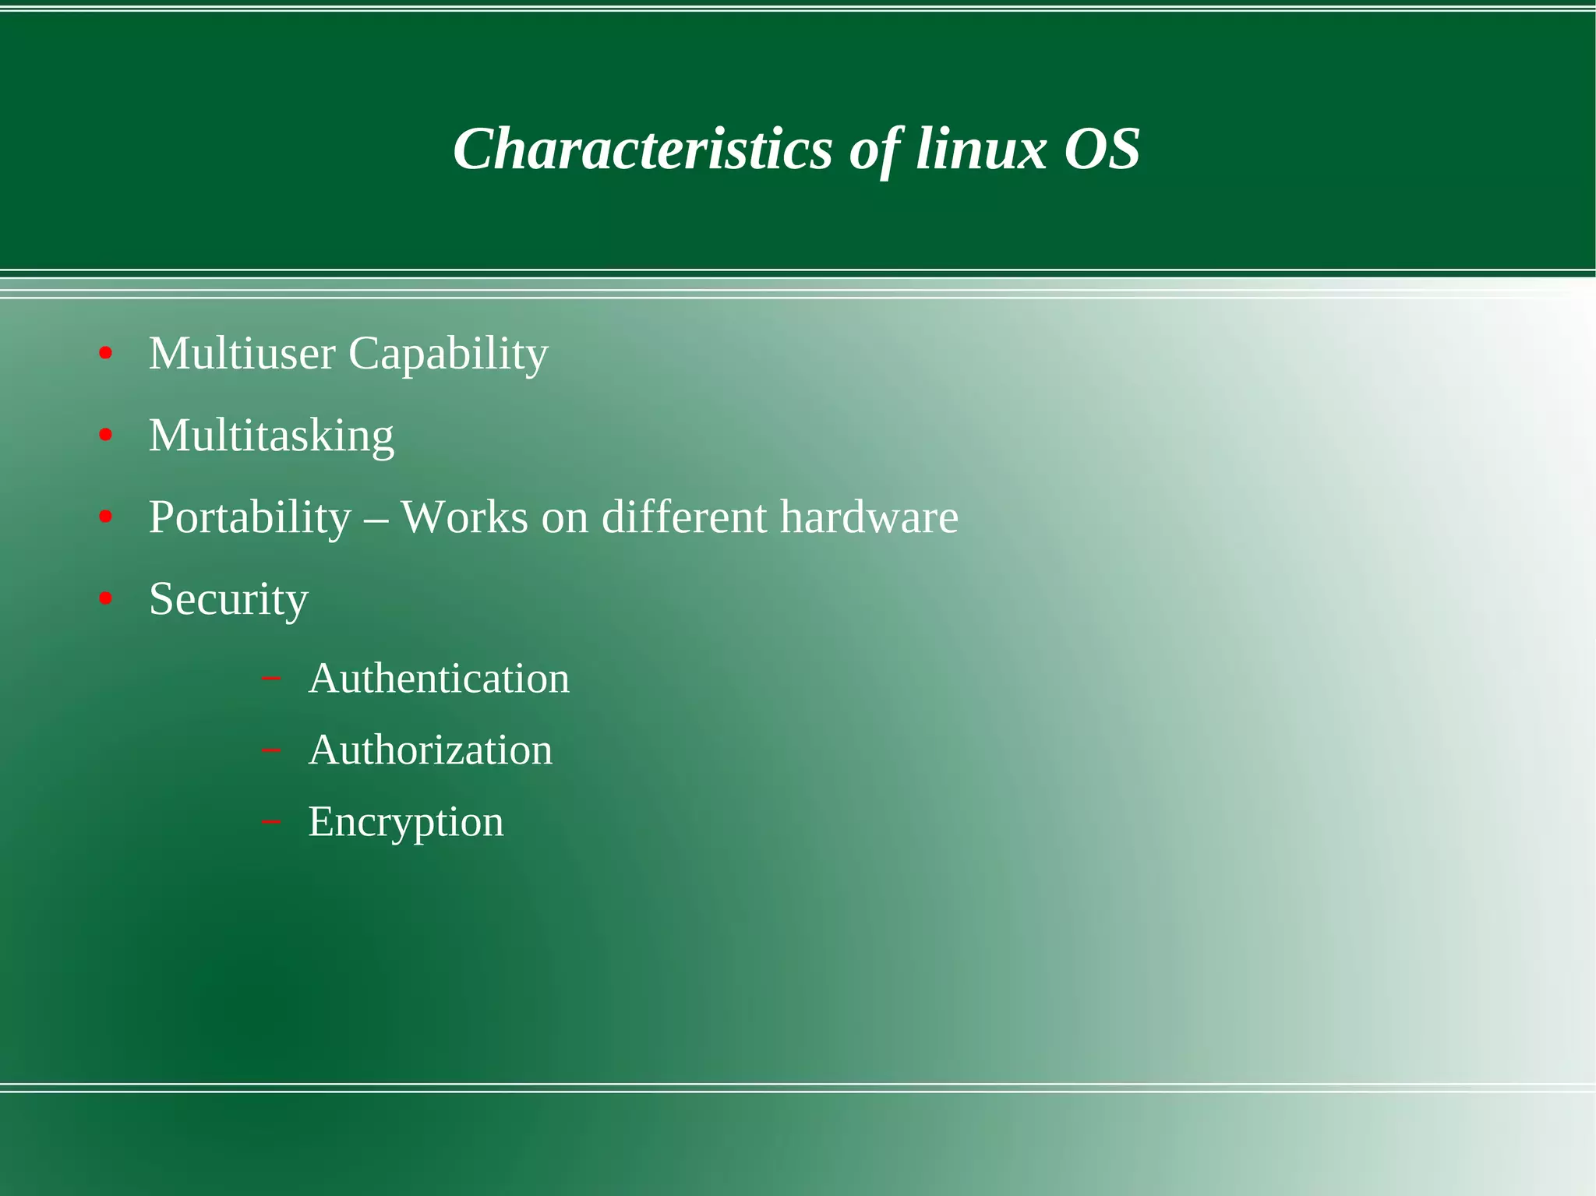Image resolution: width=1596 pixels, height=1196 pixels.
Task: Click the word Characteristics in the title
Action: (x=643, y=149)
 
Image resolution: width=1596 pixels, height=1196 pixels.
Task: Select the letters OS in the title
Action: (x=1102, y=149)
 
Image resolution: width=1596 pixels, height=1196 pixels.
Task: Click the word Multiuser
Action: (x=242, y=354)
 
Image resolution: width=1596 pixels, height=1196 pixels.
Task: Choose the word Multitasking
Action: (x=271, y=436)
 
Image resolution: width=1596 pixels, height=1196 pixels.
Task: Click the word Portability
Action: (x=250, y=518)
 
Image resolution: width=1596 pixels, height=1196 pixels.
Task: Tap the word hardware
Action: (x=869, y=517)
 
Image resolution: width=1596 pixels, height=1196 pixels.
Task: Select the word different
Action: (x=684, y=517)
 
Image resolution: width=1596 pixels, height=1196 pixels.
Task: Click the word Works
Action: (x=464, y=517)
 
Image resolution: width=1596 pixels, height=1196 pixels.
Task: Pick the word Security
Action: (x=228, y=600)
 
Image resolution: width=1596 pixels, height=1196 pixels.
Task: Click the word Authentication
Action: (x=439, y=679)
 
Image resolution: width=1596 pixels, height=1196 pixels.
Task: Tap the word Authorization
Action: (x=430, y=750)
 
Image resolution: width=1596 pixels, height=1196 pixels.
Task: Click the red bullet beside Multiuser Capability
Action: (x=106, y=355)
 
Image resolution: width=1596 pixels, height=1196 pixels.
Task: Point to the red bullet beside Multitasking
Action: (x=106, y=436)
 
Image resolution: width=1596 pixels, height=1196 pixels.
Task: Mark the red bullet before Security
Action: (x=106, y=599)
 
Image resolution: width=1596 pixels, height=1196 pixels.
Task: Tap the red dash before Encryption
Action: (x=271, y=822)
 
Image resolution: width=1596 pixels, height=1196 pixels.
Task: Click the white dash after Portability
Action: (x=376, y=519)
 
